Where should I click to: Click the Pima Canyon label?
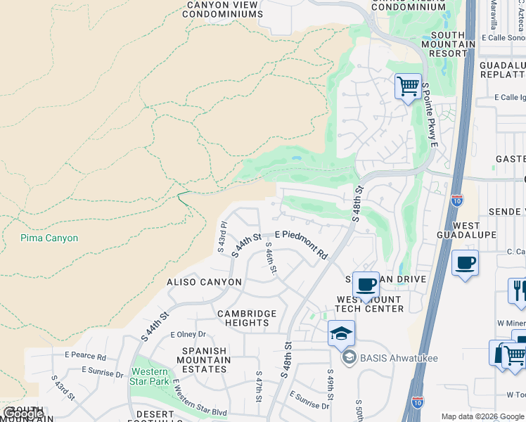[x=49, y=238]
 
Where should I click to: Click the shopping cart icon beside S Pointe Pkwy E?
[x=408, y=87]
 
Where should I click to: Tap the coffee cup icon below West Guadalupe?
[x=465, y=264]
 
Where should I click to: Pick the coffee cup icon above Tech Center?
[x=366, y=285]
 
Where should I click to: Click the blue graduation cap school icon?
[x=341, y=333]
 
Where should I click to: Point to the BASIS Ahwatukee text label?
[x=399, y=359]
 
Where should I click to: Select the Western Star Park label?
[x=150, y=376]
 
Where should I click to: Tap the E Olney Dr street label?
[x=188, y=334]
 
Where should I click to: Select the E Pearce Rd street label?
[x=87, y=357]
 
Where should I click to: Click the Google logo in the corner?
[x=23, y=414]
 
